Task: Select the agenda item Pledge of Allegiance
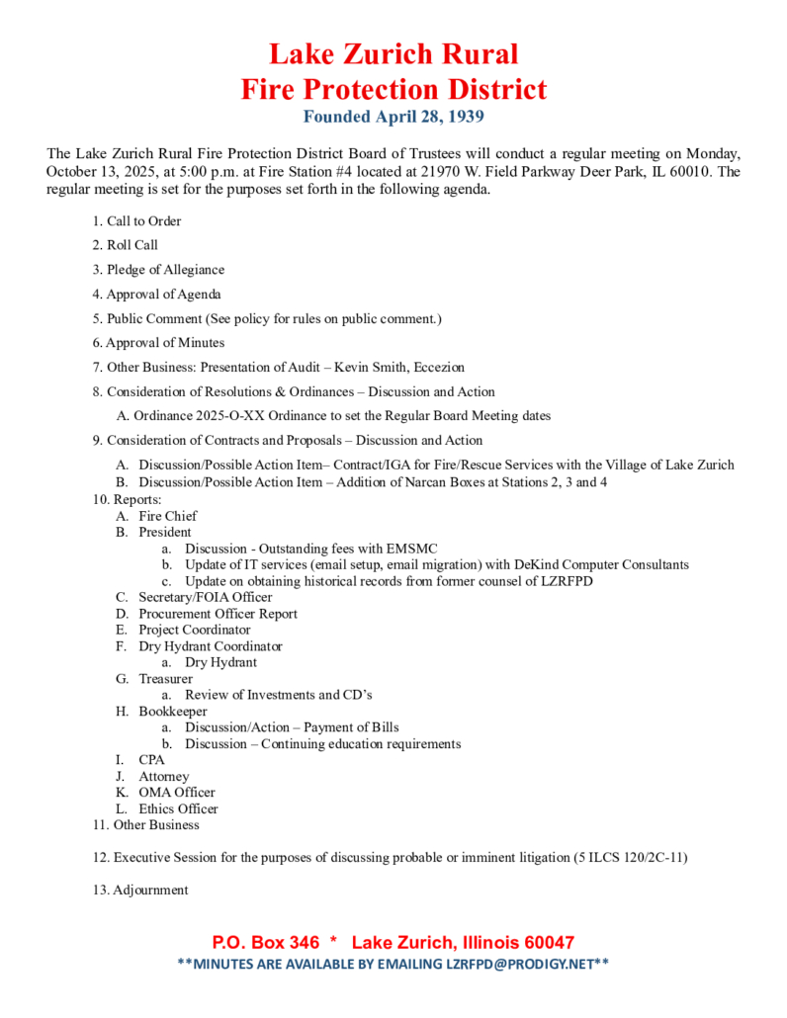(165, 270)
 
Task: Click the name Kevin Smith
(371, 368)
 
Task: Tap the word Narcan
(440, 482)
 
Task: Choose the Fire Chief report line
(167, 516)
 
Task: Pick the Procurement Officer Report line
(218, 614)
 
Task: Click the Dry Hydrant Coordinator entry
(210, 646)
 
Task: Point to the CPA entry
(151, 760)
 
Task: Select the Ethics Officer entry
(178, 808)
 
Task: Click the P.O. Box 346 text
(266, 943)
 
